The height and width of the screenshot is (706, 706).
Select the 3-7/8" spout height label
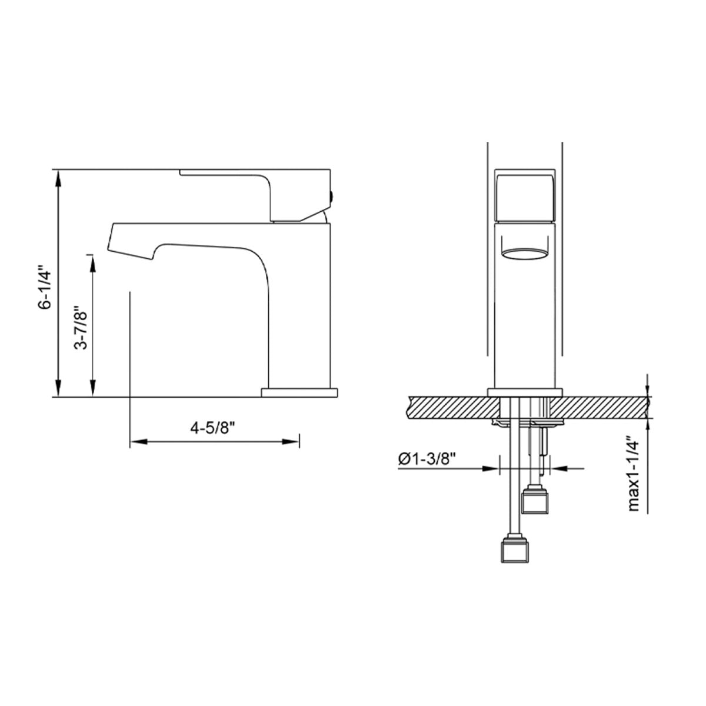(x=81, y=327)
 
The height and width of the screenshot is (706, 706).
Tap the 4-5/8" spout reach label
(x=212, y=428)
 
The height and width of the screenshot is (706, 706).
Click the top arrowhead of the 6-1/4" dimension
(x=58, y=178)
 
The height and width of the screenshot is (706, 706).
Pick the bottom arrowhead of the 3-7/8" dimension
(x=93, y=388)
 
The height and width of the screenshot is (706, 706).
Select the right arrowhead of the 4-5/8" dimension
(x=291, y=442)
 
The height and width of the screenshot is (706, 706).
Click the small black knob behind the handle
(x=332, y=196)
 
